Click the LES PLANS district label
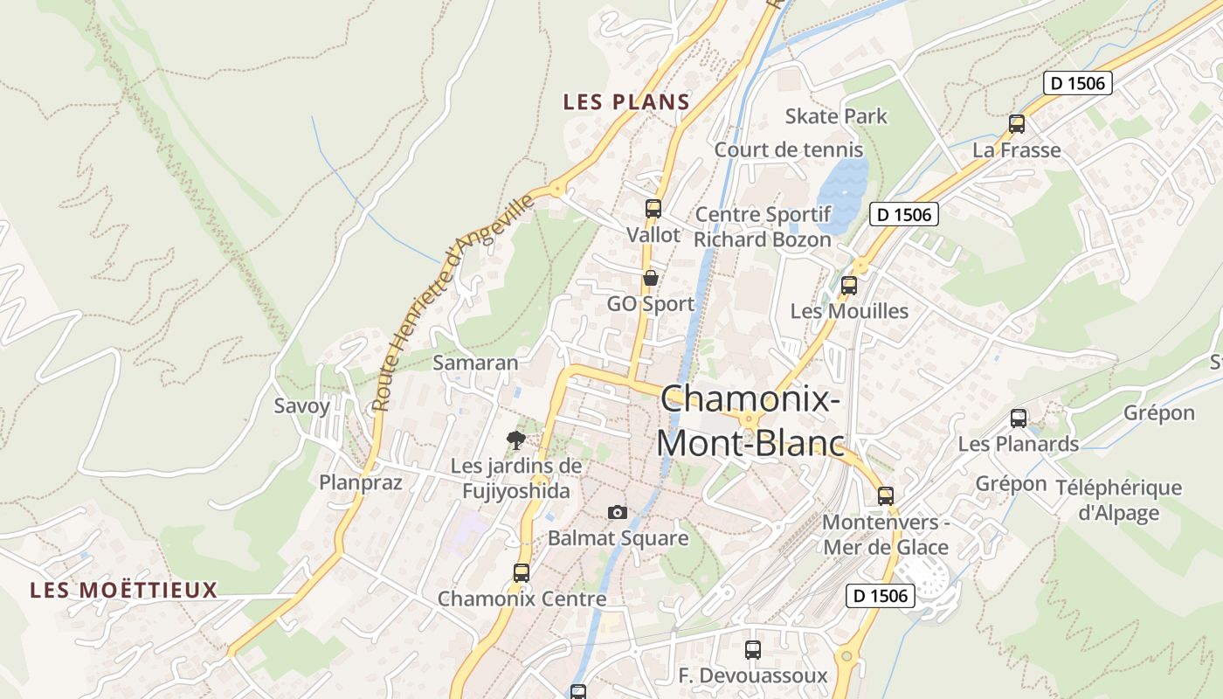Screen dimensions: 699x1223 tap(626, 102)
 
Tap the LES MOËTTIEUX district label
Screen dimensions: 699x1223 tap(123, 590)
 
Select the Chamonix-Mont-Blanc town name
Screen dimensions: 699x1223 tap(750, 421)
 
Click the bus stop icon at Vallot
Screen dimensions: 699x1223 tap(653, 209)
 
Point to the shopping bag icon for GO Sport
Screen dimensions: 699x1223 tap(651, 279)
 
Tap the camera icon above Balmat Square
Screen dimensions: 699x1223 tap(618, 512)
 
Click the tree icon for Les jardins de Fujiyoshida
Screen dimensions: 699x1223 tap(516, 439)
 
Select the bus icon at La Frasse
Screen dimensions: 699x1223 tap(1017, 124)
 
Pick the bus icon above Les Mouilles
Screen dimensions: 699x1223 tap(848, 285)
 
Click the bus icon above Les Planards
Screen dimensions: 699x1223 tap(1019, 419)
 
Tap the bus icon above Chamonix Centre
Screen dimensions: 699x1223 tap(522, 573)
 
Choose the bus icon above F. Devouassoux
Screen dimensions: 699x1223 tap(753, 650)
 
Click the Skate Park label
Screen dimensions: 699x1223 tap(835, 116)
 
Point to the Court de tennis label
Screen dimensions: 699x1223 tap(788, 149)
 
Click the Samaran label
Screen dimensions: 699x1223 tap(475, 363)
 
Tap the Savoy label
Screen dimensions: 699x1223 tap(302, 405)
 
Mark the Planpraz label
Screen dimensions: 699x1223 tap(360, 482)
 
